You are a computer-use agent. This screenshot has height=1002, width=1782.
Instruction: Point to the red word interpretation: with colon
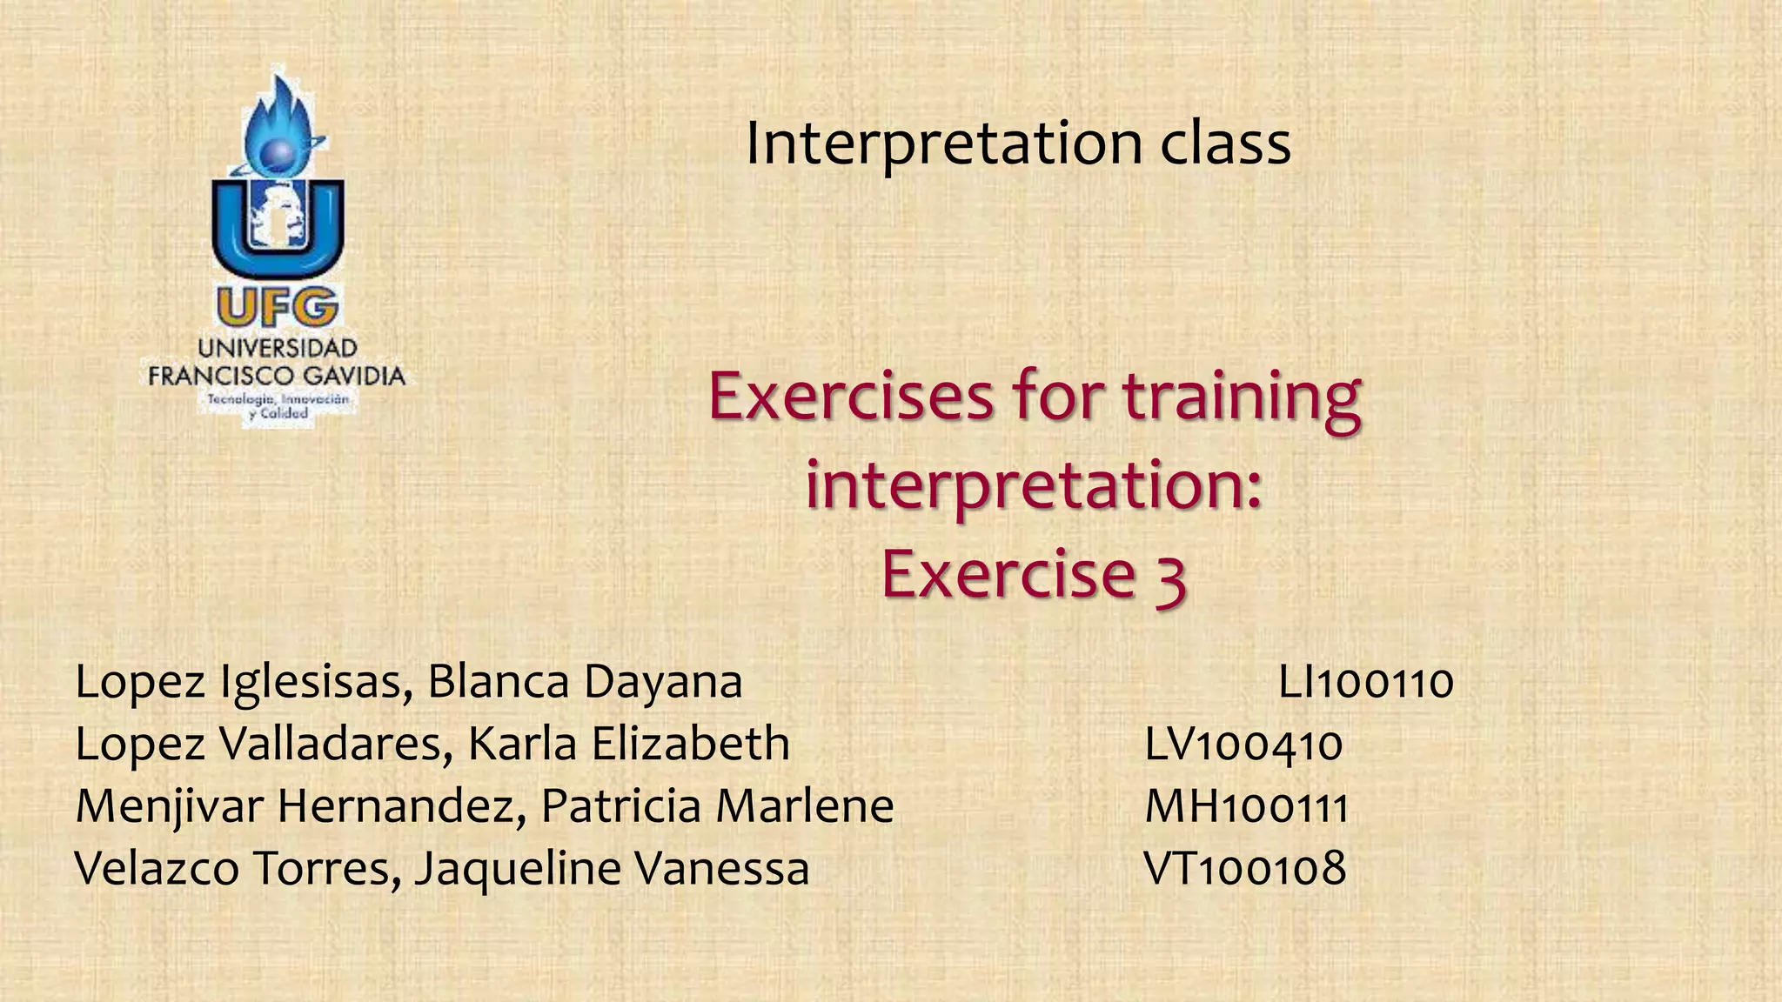coord(1033,487)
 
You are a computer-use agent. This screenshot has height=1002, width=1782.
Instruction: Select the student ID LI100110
coord(1365,683)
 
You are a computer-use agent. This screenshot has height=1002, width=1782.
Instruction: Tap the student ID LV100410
coord(1243,745)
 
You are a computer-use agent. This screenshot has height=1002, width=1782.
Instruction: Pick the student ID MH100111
coord(1246,807)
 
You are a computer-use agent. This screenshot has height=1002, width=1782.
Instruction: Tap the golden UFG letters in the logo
coord(277,308)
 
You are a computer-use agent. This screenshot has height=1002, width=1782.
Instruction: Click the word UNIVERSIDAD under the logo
coord(278,349)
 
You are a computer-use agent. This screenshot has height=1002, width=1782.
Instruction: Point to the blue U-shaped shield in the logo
coord(278,230)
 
